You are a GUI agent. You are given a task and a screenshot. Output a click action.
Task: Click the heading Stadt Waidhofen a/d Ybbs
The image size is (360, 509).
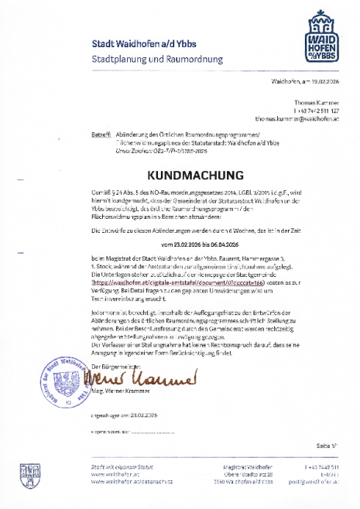point(138,43)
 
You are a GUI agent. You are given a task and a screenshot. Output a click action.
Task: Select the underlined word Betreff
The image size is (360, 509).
point(101,134)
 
